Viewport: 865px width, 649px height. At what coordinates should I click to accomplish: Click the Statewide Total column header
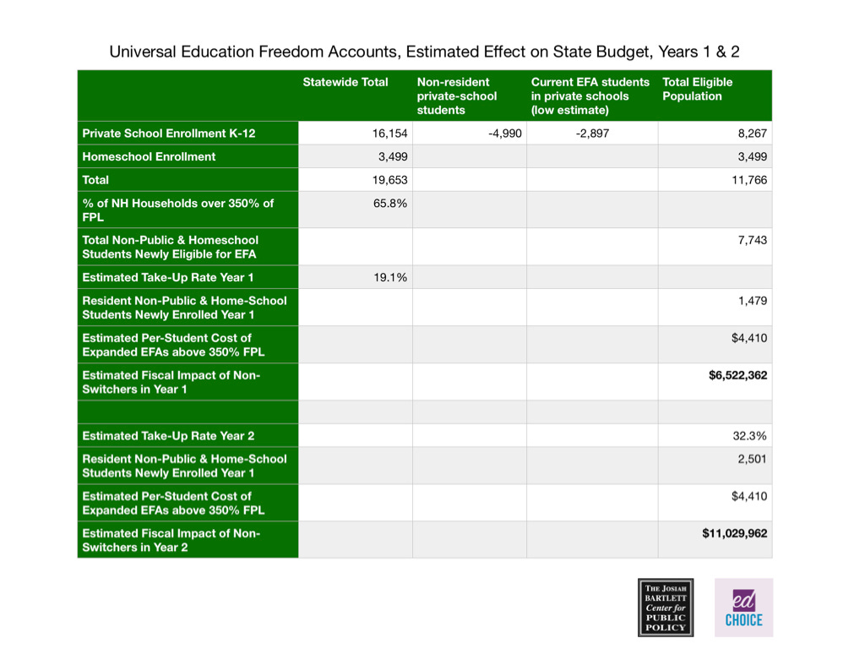coord(345,82)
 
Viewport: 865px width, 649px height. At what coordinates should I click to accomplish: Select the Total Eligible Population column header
coord(697,89)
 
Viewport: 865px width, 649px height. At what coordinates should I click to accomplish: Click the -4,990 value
coord(505,134)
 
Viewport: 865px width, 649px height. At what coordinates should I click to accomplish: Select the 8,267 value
coord(752,134)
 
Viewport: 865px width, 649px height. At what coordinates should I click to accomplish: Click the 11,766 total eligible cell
coord(749,180)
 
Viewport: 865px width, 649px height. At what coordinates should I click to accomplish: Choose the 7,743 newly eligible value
coord(752,241)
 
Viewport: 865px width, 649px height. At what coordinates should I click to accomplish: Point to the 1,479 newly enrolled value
coord(752,301)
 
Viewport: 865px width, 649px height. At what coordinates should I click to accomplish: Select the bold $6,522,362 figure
coord(737,375)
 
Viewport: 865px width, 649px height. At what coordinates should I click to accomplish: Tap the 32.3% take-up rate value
coord(750,436)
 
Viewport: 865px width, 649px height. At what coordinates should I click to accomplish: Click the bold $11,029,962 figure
coord(735,533)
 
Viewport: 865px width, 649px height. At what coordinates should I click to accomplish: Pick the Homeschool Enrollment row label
coord(149,156)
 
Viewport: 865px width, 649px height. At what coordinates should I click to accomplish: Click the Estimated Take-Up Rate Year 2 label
coord(167,436)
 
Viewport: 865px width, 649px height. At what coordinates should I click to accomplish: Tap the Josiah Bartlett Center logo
coord(666,607)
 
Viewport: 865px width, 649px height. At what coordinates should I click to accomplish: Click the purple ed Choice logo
coord(743,607)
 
